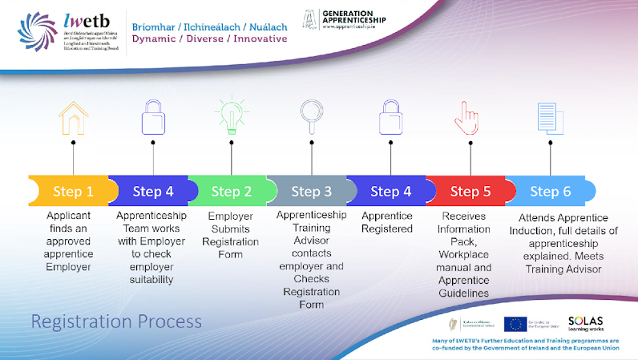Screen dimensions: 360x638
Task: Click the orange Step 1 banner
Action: [x=73, y=191]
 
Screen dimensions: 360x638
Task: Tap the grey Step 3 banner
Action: [x=311, y=191]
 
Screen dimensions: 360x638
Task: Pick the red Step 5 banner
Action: [x=470, y=191]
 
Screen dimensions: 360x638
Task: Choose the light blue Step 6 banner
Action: [x=551, y=191]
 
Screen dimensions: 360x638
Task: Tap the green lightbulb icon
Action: [x=232, y=115]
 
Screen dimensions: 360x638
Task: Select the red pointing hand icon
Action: [x=470, y=117]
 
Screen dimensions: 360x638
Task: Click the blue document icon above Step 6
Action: [x=547, y=117]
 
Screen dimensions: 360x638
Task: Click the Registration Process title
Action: [x=116, y=322]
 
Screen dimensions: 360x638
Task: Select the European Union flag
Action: [x=515, y=323]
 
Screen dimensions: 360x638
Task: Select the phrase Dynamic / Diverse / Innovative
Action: [x=209, y=38]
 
